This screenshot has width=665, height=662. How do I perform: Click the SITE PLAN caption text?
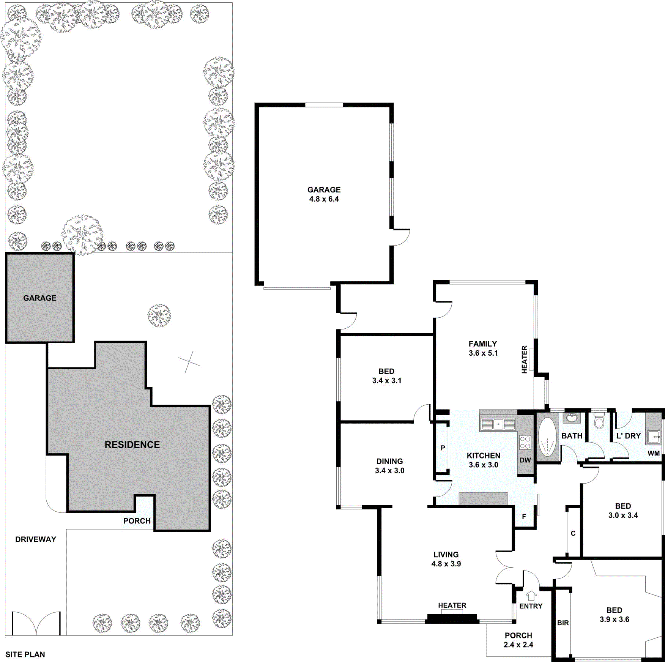(25, 654)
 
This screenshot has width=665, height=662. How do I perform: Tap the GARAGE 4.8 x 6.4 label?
(324, 194)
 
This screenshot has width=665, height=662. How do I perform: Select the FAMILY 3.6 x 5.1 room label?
(483, 348)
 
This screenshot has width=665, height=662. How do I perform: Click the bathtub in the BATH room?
(547, 437)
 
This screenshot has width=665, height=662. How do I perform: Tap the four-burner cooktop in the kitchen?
(525, 443)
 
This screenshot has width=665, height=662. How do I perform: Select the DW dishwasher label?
(525, 460)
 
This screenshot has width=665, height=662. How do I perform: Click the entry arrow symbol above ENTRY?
(531, 595)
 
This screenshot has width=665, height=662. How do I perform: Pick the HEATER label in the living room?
(452, 605)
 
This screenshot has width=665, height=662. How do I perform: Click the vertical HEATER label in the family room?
(524, 359)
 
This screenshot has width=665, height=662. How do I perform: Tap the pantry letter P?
(443, 448)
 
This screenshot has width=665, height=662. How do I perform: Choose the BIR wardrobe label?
(563, 623)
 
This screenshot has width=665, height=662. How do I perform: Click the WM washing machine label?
(654, 453)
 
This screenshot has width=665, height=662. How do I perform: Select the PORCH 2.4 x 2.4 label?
(518, 640)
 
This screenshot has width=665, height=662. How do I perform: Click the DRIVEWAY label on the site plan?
(36, 539)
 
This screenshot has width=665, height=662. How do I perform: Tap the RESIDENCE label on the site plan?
(132, 444)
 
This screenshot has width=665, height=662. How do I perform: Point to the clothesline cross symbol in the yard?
(189, 362)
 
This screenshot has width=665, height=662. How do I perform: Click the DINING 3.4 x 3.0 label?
(389, 466)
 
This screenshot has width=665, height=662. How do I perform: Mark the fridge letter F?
(524, 517)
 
